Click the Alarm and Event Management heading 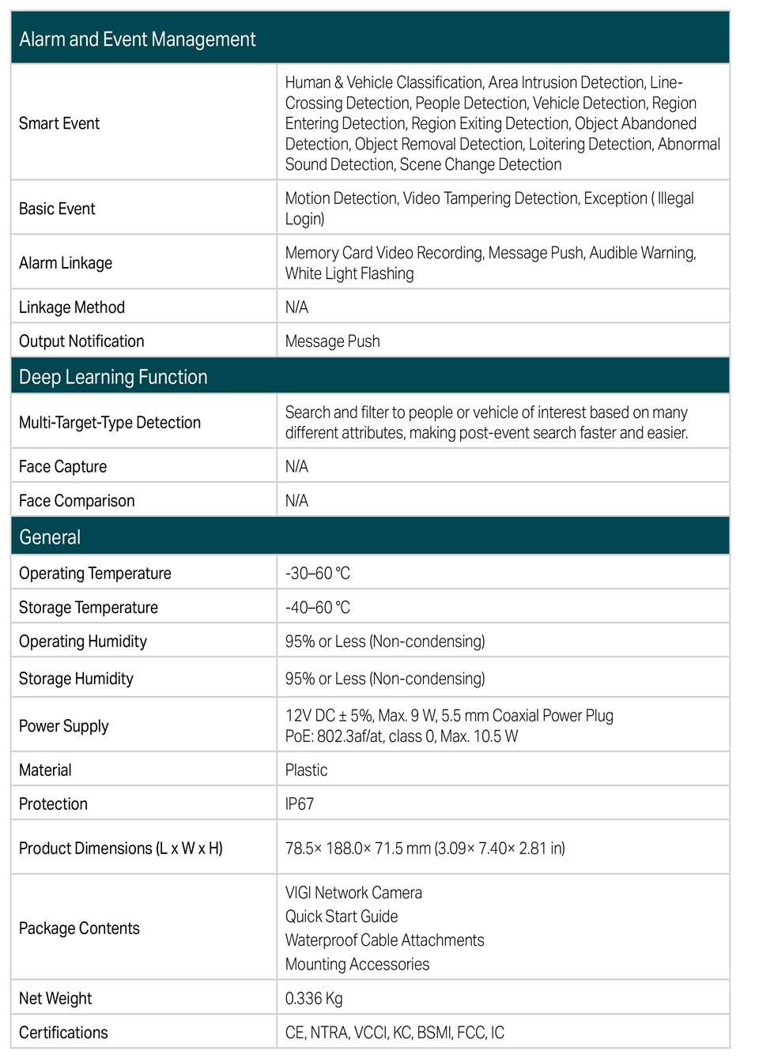137,40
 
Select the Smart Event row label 59,123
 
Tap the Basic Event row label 57,209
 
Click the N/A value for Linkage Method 296,307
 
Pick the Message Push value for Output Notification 332,341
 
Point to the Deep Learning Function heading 113,377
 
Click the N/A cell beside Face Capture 296,467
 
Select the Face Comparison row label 77,501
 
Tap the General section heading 50,537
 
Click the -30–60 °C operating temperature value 317,574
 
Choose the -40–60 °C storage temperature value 317,608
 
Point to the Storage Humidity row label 76,679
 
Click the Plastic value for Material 306,770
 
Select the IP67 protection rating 299,804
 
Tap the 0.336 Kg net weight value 314,999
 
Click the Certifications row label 63,1033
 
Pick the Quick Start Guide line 342,917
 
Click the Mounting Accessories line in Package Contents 357,965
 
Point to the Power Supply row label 63,726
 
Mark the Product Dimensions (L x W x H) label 121,849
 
